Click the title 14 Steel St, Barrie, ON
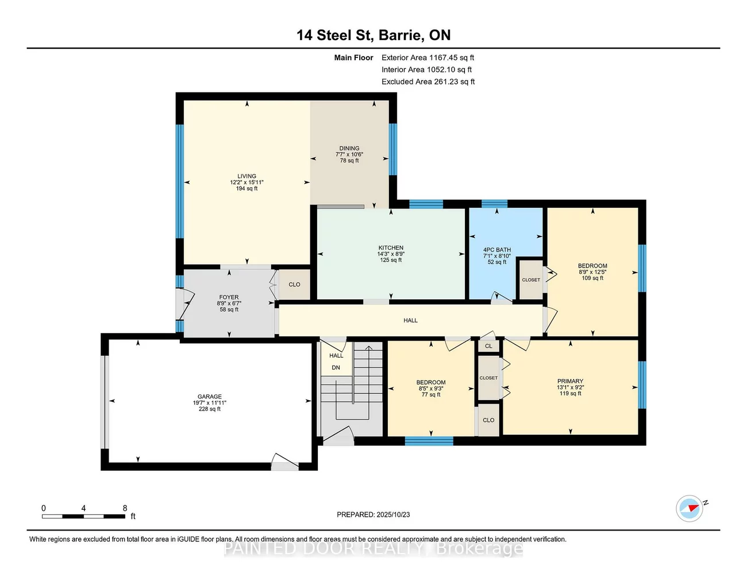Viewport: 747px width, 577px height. pos(373,35)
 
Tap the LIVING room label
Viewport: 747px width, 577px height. pos(247,176)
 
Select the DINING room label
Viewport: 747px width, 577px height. pos(349,148)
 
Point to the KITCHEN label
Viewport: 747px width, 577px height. pos(391,248)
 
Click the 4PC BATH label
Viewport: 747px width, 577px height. pos(497,250)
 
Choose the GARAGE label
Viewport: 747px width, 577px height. pos(210,397)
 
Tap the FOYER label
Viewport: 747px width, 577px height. pos(229,297)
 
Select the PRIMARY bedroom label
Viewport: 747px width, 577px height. pos(570,381)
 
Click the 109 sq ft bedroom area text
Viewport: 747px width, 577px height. pos(592,278)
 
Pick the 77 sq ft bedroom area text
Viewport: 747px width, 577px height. pos(431,395)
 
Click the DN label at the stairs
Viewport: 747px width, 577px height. pos(336,367)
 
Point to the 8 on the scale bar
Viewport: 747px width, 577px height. pos(125,508)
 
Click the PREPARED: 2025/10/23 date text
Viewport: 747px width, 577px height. pos(373,515)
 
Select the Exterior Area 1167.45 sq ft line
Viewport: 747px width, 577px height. pos(428,57)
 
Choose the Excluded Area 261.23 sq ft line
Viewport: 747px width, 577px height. pos(428,82)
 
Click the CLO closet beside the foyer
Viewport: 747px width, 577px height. pos(294,285)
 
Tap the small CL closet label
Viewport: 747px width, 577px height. pos(488,346)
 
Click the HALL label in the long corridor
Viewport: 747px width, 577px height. pos(410,320)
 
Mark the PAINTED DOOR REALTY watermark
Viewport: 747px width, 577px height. pos(373,549)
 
